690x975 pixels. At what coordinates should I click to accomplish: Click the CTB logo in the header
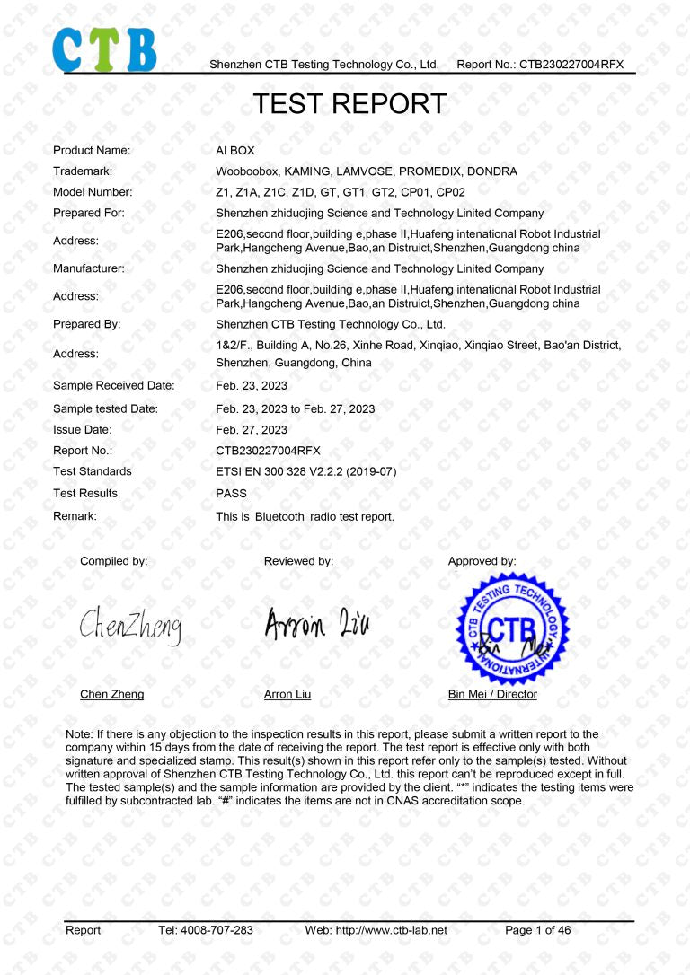coord(104,49)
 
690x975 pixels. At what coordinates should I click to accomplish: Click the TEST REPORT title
coord(349,103)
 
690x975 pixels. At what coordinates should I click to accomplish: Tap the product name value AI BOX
coord(235,151)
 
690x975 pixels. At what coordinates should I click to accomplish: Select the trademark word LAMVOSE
coord(364,171)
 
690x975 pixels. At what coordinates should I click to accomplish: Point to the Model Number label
coord(93,192)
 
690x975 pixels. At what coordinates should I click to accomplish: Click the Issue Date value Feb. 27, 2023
coord(252,430)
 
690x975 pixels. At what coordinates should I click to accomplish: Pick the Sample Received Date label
coord(114,386)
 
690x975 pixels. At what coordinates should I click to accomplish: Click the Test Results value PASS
coord(231,494)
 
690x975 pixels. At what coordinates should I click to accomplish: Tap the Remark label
coord(75,516)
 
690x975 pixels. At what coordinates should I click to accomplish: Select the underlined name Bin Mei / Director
coord(492,695)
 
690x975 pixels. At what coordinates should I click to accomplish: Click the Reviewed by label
coord(298,561)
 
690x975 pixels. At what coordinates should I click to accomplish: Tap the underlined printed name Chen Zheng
coord(111,695)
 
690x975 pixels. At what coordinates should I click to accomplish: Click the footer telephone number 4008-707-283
coord(218,931)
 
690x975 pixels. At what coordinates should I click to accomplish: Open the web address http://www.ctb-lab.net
coord(390,931)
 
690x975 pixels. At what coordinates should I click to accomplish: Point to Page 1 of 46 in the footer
coord(537,931)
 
